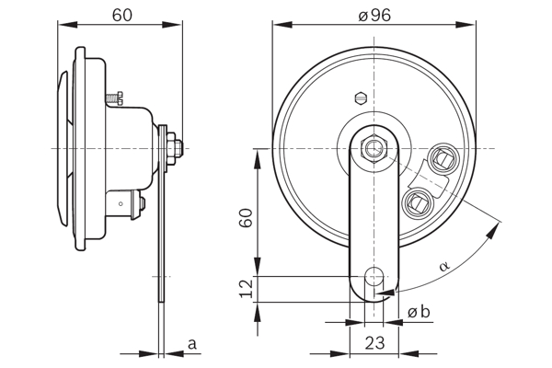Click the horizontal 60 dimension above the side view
tap(121, 15)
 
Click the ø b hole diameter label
tap(419, 312)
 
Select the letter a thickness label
tap(192, 343)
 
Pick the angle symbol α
tap(443, 266)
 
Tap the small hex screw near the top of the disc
tap(361, 97)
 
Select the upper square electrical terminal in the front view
tap(442, 159)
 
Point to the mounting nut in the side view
tap(176, 144)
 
